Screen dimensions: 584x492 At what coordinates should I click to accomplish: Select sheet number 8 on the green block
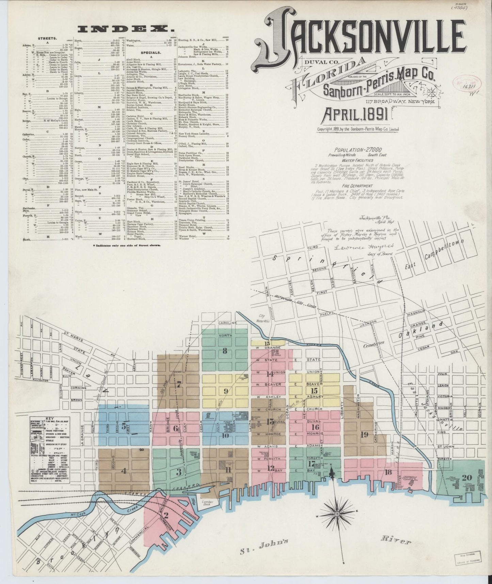point(225,351)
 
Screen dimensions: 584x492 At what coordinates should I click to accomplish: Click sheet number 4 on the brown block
point(124,471)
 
